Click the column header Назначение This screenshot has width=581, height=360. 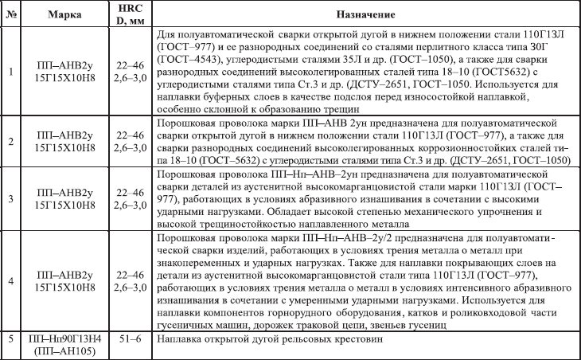[x=365, y=16]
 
